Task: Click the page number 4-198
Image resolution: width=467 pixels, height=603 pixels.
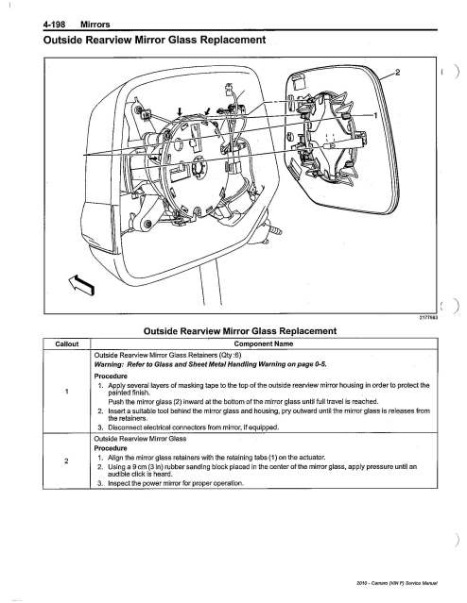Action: click(54, 25)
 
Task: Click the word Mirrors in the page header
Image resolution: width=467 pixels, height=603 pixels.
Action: click(95, 25)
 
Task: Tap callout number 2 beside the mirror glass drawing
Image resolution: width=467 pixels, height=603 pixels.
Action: click(398, 72)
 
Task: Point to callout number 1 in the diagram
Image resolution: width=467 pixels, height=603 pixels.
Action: click(376, 115)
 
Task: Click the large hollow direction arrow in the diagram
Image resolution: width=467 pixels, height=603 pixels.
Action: click(81, 284)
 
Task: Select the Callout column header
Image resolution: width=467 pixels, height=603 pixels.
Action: click(67, 343)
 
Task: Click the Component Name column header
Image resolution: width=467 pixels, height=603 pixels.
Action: click(264, 343)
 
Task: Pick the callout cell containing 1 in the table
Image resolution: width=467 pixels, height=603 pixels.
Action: click(67, 392)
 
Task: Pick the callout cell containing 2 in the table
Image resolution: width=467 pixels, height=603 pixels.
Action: click(67, 461)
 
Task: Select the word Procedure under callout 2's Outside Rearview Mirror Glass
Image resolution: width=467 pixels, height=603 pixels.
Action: click(111, 448)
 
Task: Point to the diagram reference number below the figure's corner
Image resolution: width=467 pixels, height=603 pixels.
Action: click(428, 318)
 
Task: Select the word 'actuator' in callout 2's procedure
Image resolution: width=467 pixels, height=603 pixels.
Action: click(313, 458)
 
